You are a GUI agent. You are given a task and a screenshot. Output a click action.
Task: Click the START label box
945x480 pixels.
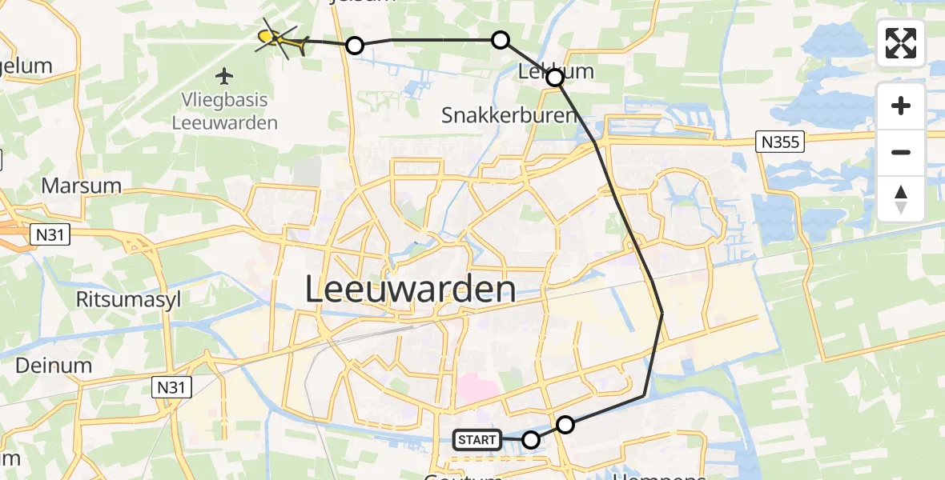[477, 439]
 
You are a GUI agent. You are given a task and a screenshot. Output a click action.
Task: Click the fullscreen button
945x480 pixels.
[901, 43]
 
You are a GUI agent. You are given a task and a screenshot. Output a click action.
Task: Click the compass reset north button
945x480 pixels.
[901, 199]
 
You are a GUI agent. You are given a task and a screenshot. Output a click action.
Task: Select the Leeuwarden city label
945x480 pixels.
[410, 289]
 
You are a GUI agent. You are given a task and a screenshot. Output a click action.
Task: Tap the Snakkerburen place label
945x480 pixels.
[509, 115]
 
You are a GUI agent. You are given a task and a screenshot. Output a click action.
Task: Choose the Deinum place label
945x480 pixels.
[53, 365]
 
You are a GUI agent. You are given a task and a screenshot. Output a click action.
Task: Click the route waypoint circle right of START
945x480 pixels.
[531, 439]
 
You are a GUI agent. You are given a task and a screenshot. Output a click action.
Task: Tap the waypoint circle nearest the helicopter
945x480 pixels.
[355, 46]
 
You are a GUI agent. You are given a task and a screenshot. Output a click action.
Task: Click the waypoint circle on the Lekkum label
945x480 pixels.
[554, 78]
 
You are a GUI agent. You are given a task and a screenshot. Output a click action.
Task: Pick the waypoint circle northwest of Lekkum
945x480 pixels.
[500, 40]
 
